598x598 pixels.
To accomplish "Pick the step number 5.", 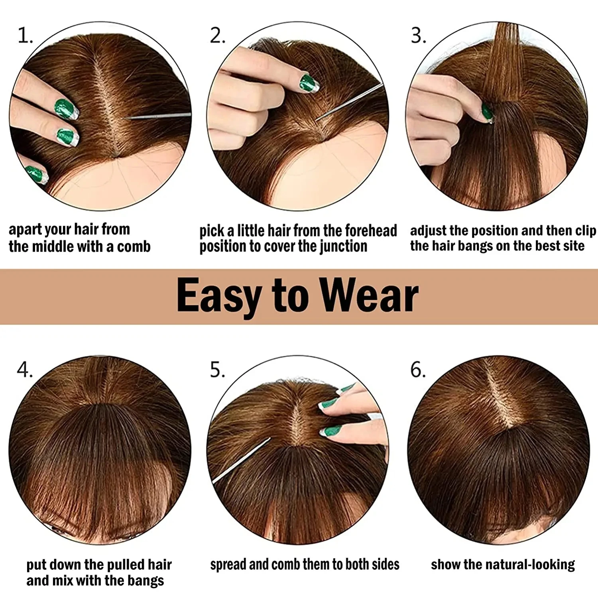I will [217, 370].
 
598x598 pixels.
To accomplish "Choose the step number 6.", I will [418, 370].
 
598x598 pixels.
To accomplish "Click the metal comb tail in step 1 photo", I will [159, 116].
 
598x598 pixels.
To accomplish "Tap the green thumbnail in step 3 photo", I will [487, 112].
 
